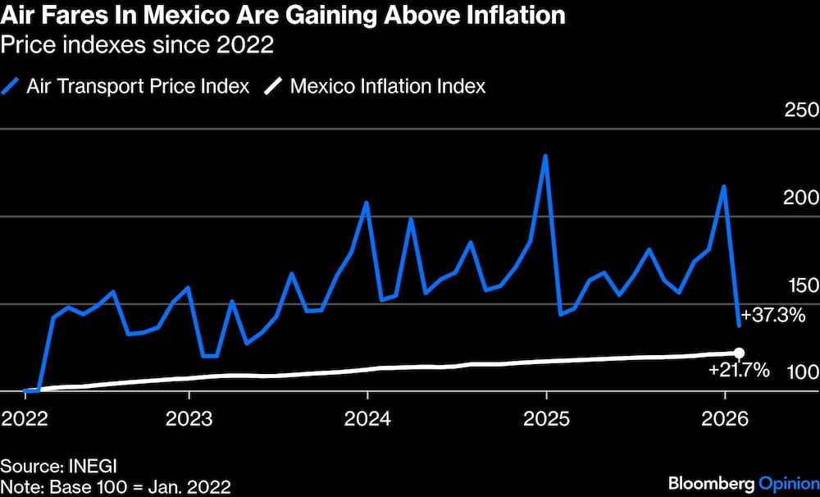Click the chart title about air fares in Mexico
click(x=282, y=16)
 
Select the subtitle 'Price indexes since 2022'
click(x=137, y=45)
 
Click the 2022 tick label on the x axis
click(x=25, y=419)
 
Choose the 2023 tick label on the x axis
click(x=189, y=419)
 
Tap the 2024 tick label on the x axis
click(x=367, y=419)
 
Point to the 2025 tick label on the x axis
click(x=546, y=419)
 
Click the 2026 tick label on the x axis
click(x=725, y=419)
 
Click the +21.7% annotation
click(x=739, y=371)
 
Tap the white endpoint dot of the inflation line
click(x=739, y=352)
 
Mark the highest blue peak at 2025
click(x=546, y=156)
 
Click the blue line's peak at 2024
click(x=367, y=203)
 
